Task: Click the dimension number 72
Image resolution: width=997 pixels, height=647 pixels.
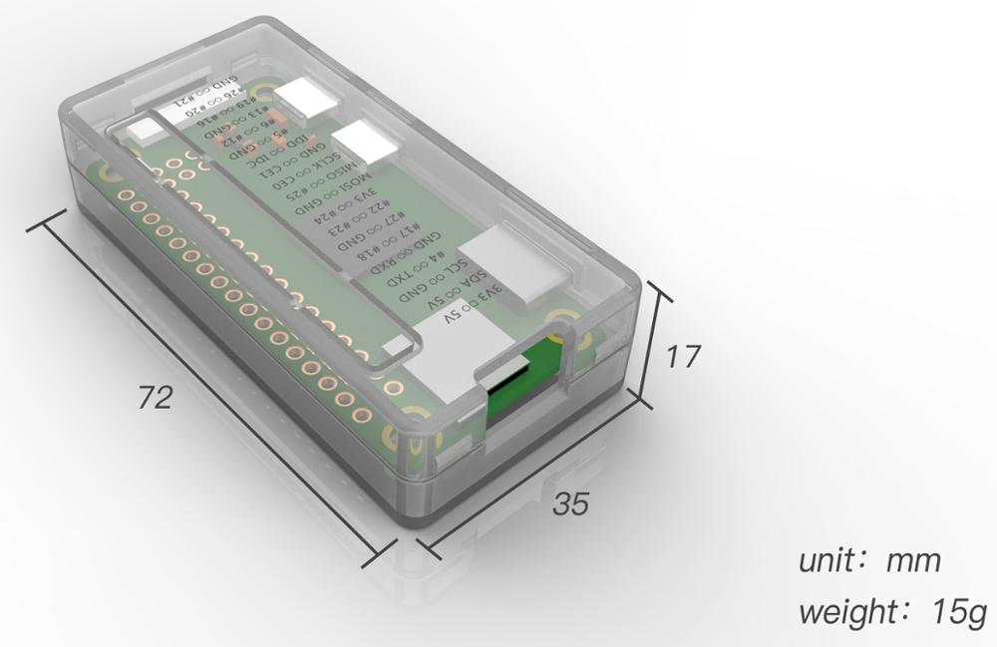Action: tap(156, 398)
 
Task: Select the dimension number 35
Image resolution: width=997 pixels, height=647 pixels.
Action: tap(571, 504)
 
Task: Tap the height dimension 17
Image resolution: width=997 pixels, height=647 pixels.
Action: tap(683, 356)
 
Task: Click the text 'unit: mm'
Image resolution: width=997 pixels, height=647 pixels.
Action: tap(869, 560)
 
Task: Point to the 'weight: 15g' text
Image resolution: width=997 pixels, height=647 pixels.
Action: tap(891, 611)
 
